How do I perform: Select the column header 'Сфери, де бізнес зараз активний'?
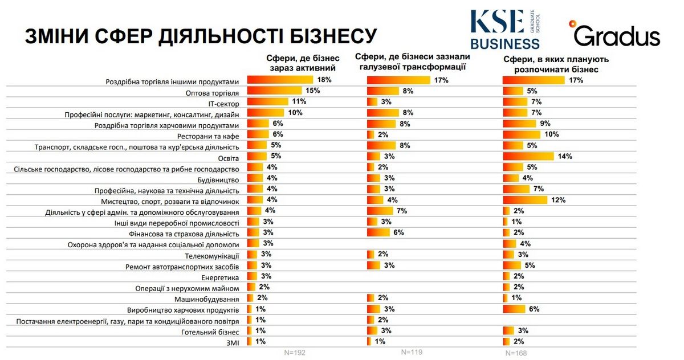[x=303, y=63]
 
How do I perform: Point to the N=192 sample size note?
[x=295, y=353]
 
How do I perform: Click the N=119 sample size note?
[x=412, y=352]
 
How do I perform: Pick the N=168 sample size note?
[x=516, y=353]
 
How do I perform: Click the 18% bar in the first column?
[x=280, y=80]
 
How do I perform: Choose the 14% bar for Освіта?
[x=528, y=156]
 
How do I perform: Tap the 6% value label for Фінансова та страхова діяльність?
[x=397, y=232]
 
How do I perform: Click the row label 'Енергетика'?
[x=220, y=277]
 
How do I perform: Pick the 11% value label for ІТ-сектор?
[x=299, y=101]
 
